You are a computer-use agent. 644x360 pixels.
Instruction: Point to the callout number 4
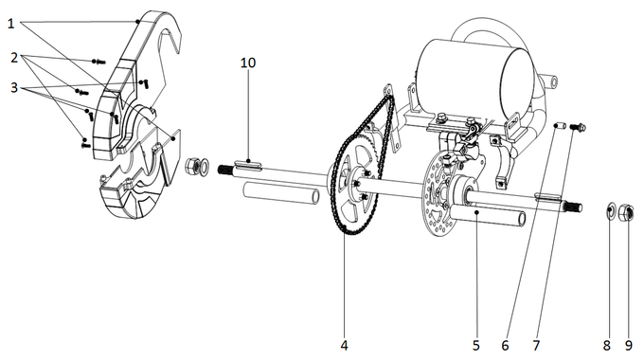tap(345, 345)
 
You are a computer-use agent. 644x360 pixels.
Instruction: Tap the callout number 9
tap(629, 345)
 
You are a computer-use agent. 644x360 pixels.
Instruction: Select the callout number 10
tap(248, 63)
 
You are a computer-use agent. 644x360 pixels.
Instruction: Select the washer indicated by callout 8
tap(611, 210)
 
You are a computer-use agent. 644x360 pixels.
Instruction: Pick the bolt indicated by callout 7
tap(581, 127)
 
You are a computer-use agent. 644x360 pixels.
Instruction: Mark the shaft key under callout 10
tap(248, 163)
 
